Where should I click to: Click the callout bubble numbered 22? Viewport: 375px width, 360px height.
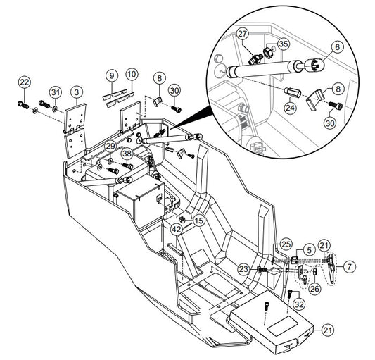[x=25, y=82]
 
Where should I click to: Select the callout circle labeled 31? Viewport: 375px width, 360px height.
[x=56, y=92]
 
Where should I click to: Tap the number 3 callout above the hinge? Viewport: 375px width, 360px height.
[x=77, y=92]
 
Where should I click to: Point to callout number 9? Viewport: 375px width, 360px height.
[x=112, y=75]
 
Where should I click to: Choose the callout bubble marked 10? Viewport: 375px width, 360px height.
[x=132, y=74]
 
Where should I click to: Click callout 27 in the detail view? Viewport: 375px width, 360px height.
[x=242, y=34]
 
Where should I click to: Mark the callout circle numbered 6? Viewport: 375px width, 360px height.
[x=338, y=47]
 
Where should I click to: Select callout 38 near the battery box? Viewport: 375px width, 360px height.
[x=127, y=154]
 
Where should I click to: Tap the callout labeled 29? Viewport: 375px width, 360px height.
[x=110, y=146]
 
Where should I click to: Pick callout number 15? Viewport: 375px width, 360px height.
[x=199, y=221]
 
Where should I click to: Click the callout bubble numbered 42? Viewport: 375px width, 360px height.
[x=177, y=230]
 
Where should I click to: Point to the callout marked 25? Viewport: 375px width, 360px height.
[x=286, y=244]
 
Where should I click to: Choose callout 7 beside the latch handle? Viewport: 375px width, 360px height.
[x=350, y=266]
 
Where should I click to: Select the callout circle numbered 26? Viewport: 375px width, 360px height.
[x=314, y=289]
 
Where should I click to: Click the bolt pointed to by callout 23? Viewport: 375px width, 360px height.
[x=262, y=270]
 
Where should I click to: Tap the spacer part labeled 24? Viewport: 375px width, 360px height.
[x=292, y=92]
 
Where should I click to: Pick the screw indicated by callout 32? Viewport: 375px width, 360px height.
[x=290, y=293]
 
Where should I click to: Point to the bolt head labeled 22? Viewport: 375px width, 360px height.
[x=23, y=105]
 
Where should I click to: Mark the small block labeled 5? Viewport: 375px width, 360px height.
[x=295, y=260]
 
